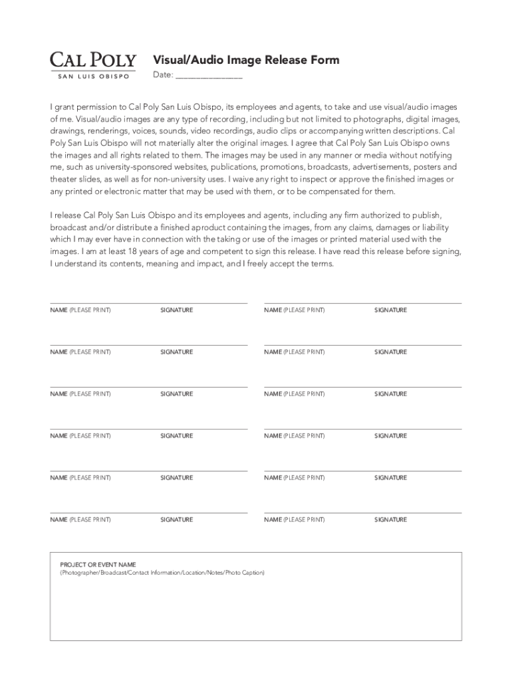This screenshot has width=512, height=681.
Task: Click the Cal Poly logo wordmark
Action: [x=93, y=61]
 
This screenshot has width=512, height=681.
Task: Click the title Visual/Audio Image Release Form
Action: [x=246, y=60]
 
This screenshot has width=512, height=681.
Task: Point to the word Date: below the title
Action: [x=163, y=75]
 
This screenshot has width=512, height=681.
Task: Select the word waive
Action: [x=247, y=179]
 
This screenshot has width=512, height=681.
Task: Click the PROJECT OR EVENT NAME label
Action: [x=98, y=565]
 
